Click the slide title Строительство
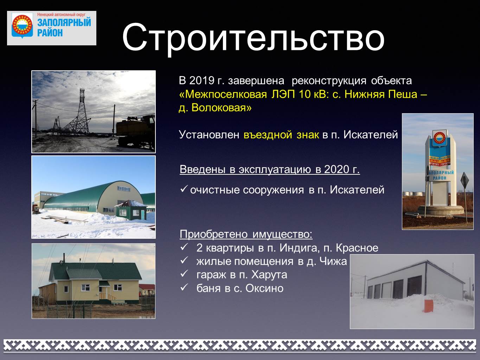253,39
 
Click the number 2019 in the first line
201,81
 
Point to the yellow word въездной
268,135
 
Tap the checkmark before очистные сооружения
183,188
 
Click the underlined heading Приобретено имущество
246,234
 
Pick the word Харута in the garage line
269,275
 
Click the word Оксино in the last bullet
264,288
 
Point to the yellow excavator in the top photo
136,131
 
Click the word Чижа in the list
333,262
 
